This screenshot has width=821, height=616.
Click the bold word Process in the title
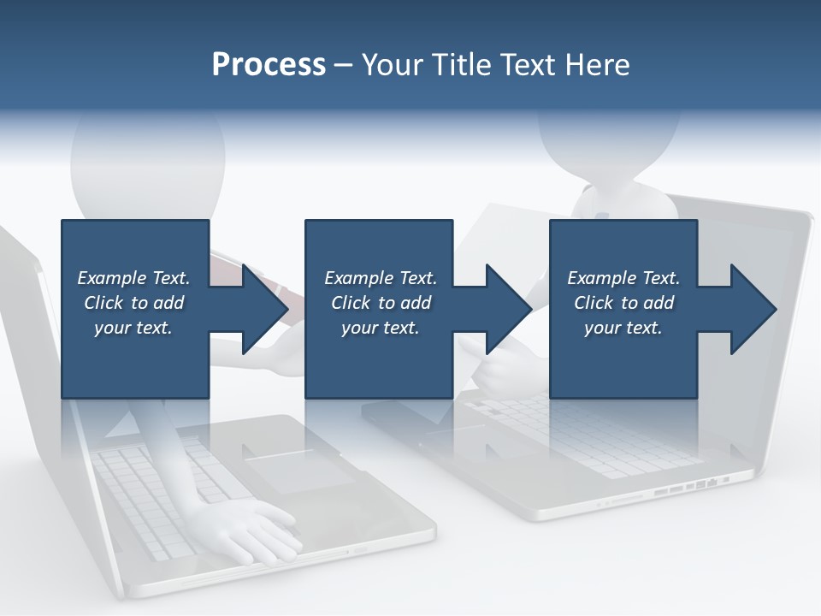269,64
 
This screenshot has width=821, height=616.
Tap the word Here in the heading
598,65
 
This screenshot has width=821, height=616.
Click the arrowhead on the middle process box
507,309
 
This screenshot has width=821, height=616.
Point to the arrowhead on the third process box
752,309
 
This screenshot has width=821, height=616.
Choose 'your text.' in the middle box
381,328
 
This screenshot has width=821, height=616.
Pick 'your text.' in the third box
623,328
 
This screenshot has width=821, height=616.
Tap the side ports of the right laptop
693,488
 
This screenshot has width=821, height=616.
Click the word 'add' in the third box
658,303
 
